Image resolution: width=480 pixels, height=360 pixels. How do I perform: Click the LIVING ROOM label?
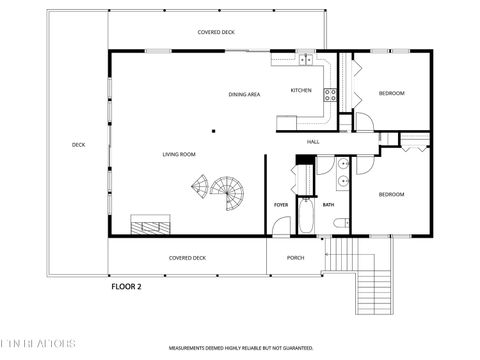(180, 154)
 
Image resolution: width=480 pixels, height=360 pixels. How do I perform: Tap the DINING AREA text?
(244, 94)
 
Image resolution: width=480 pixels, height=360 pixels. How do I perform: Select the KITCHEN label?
(301, 90)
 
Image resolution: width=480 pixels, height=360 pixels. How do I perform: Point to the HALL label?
(312, 142)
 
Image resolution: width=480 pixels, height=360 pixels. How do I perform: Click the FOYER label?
(281, 205)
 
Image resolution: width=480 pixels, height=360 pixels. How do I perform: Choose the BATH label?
(327, 205)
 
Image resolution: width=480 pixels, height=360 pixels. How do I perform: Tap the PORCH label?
(295, 257)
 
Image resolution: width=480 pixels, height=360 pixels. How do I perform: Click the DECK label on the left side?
(78, 145)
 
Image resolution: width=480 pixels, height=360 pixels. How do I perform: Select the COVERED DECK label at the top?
(215, 32)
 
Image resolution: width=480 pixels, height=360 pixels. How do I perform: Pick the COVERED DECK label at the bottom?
(187, 257)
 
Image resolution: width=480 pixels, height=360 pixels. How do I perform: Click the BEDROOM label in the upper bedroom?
(391, 93)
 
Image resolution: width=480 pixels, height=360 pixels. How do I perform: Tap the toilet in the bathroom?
(340, 222)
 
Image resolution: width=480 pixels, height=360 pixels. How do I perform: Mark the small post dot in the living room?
(213, 130)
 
